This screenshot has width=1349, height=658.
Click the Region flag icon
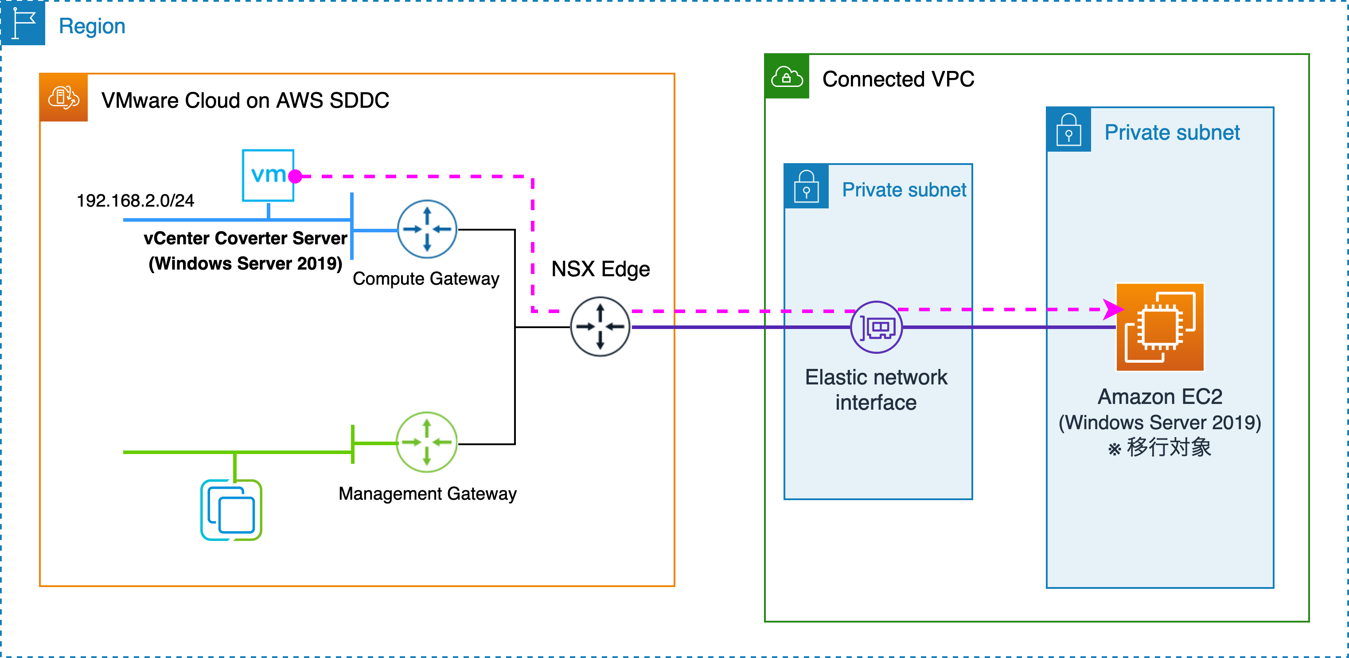[23, 23]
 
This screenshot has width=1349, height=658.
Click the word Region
[92, 26]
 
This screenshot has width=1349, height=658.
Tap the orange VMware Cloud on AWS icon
[63, 98]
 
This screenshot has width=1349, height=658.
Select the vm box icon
[268, 175]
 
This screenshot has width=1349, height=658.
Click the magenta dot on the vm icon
[295, 176]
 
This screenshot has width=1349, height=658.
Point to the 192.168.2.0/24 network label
[135, 201]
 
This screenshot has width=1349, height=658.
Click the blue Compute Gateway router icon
[427, 229]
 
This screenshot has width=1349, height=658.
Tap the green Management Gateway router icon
[426, 442]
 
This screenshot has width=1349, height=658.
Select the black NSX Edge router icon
[600, 326]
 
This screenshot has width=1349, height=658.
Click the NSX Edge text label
[600, 269]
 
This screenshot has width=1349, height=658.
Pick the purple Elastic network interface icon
[876, 327]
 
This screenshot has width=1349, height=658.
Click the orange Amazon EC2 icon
[1160, 327]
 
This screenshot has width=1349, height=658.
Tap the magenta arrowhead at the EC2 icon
[1112, 309]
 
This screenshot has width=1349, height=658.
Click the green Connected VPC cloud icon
[787, 77]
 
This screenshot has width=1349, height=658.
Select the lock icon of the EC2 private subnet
[1068, 130]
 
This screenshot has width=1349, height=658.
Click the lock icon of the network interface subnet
[806, 187]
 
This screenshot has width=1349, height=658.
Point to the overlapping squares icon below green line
[231, 510]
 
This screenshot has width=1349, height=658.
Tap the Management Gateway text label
[427, 493]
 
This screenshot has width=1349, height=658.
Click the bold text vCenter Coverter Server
[245, 239]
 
